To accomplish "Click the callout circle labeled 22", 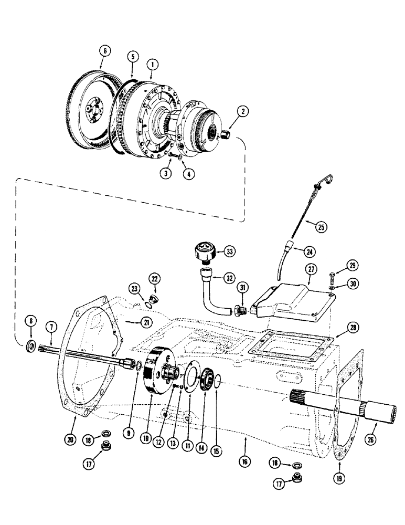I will [x=154, y=278].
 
